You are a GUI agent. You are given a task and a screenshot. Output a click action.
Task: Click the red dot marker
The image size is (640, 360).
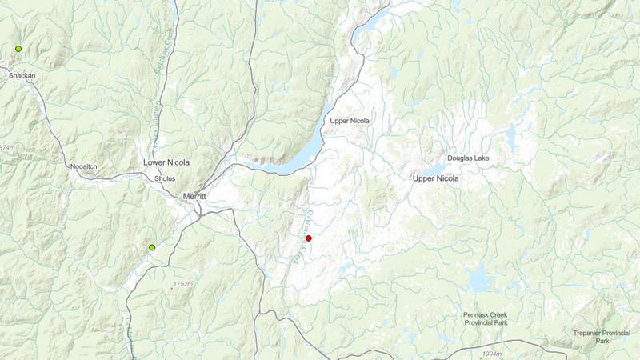click(x=308, y=238)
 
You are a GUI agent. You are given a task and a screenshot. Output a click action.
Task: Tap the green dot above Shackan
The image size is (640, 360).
click(x=18, y=49)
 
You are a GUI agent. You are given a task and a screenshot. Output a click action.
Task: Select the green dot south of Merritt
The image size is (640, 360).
click(x=152, y=248)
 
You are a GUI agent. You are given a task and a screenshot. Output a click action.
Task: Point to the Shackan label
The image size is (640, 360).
click(x=22, y=75)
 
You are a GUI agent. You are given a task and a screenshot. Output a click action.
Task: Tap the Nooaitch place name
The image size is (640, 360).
click(x=83, y=166)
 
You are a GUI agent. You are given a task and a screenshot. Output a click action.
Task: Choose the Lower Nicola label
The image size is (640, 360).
click(x=166, y=162)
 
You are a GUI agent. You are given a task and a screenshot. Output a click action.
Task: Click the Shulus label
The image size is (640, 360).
click(x=164, y=178)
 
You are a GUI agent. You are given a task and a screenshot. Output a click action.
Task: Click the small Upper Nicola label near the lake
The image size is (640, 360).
click(x=350, y=121)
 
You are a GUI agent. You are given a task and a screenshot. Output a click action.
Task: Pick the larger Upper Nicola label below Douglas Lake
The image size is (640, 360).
click(x=436, y=178)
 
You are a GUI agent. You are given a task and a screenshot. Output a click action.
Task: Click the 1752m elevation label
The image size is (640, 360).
click(x=183, y=284)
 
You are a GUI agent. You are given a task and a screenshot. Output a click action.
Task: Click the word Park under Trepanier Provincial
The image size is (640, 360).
click(x=602, y=341)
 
